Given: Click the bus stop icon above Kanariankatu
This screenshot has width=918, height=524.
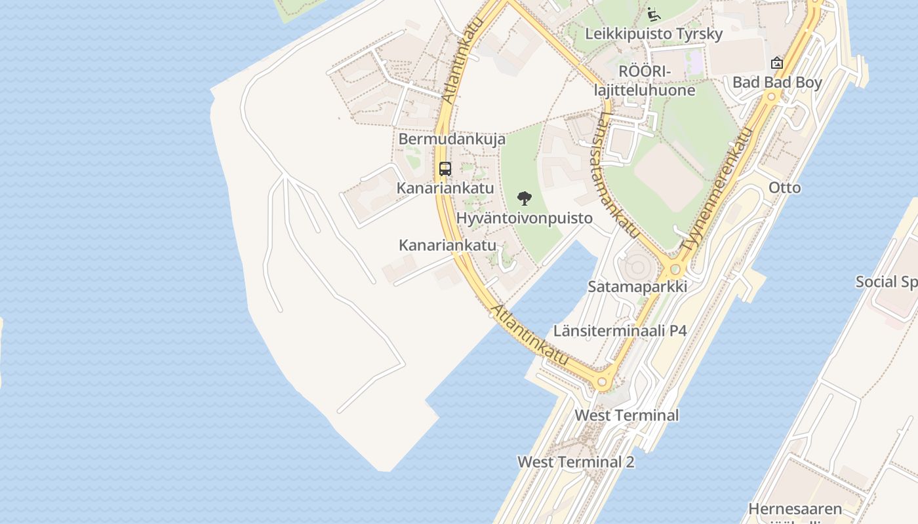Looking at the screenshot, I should coord(445,169).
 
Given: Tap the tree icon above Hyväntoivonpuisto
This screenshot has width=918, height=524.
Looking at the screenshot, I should coord(524,198).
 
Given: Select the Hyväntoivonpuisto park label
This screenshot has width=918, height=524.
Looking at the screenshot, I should coord(524,218).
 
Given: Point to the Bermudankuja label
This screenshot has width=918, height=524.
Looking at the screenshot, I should coord(452,139).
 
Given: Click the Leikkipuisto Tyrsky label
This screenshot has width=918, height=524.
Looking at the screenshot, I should coord(654,34).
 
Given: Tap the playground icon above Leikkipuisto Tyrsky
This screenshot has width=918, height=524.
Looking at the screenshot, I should coord(653,13).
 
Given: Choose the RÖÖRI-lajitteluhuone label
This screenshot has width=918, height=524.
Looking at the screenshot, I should coord(645,81).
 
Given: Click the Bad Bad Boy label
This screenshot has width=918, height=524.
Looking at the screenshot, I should coord(777,83).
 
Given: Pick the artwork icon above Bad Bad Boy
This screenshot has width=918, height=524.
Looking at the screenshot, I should coord(777,63).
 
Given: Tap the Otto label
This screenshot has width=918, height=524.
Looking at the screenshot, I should coord(784,188).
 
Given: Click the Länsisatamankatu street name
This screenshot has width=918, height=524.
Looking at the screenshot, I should coord(618,174).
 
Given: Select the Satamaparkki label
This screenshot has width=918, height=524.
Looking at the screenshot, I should coord(637,286).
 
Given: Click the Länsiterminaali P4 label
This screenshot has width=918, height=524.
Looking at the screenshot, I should coord(620,331).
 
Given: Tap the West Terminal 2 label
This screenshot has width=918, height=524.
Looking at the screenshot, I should coord(576,462).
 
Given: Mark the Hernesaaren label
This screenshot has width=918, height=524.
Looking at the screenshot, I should coord(795,509).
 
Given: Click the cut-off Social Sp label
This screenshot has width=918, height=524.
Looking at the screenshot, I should coord(886,282).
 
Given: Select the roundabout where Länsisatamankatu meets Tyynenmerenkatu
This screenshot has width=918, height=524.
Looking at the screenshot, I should coord(674,269).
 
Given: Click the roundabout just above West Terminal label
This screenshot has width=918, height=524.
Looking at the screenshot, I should coord(603,382).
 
